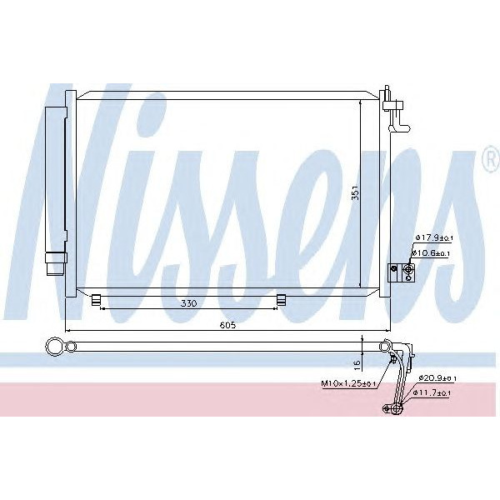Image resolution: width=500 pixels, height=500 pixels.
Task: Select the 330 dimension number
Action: [188, 303]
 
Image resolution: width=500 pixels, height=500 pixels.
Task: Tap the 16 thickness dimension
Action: [357, 363]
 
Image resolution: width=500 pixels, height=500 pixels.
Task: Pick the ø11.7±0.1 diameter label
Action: [437, 392]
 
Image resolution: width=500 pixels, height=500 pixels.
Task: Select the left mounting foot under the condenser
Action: [97, 298]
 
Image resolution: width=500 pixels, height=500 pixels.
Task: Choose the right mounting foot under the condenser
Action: [282, 298]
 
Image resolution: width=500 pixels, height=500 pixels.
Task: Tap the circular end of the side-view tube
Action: [55, 345]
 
